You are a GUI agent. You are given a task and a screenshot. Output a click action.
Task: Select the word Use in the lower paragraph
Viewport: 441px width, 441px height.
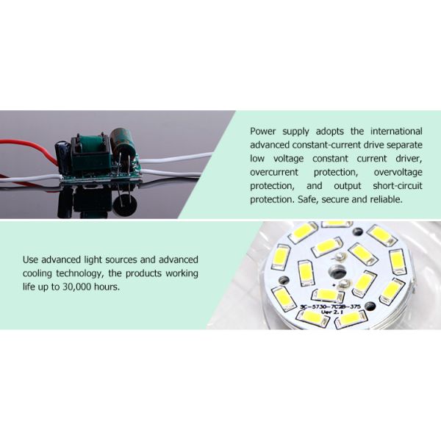32,259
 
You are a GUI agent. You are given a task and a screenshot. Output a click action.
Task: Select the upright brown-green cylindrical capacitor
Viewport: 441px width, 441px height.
121,146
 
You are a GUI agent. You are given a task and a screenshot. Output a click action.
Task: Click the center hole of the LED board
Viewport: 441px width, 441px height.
343,257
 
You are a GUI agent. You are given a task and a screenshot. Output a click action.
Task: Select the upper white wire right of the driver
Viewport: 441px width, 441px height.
176,159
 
